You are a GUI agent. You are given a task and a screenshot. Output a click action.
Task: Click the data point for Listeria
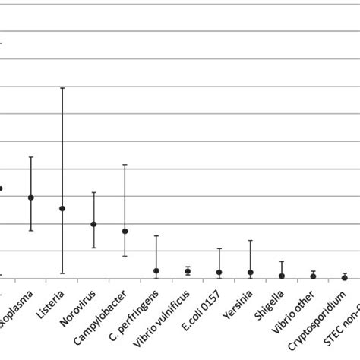point(62,208)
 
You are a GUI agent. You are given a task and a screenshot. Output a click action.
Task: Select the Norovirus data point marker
point(93,224)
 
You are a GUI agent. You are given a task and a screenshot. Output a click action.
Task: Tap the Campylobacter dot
point(125,231)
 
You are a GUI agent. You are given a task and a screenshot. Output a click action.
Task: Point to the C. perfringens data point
point(156,270)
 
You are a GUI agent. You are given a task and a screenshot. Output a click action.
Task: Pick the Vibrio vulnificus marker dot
point(188,271)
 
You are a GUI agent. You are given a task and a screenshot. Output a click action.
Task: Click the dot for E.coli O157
point(219,272)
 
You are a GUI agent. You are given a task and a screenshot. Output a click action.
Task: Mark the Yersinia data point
point(250,272)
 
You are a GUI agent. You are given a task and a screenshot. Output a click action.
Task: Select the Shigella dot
point(282,276)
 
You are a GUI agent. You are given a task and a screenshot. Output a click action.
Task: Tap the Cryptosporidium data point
point(344,278)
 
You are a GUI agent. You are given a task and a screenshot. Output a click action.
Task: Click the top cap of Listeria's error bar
point(62,88)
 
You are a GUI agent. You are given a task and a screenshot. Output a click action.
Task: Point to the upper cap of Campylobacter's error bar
point(125,165)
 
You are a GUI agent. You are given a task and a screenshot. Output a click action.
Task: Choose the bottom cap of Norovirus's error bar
point(93,248)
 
